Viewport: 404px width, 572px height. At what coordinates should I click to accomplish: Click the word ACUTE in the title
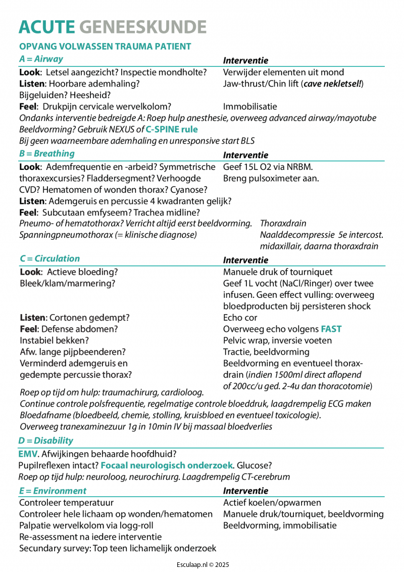coord(46,27)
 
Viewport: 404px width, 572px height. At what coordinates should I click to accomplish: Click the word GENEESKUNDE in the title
coord(143,27)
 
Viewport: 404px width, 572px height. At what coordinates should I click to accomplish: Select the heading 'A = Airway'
coord(41,59)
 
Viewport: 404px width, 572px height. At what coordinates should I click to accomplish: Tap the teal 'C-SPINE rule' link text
coord(172,129)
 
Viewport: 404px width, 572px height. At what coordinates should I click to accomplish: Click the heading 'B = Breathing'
coord(47,153)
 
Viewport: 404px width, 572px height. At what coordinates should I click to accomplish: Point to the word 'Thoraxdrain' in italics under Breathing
coord(283,223)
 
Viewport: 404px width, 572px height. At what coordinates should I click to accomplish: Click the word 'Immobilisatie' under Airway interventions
coord(250,107)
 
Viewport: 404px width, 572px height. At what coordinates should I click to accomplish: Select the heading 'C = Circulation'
coord(49,258)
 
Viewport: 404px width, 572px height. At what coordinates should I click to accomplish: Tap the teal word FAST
coord(331,329)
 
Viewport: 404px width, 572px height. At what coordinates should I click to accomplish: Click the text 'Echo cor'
coord(240,318)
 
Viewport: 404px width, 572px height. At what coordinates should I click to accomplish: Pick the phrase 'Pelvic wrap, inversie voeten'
coord(277,340)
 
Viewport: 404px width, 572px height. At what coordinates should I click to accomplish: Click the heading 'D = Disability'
coord(46,441)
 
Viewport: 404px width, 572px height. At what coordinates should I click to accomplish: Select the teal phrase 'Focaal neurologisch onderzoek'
coord(167,465)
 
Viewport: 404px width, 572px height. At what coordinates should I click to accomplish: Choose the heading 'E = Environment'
coord(53,491)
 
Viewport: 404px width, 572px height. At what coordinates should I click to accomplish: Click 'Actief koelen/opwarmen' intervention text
coord(272,503)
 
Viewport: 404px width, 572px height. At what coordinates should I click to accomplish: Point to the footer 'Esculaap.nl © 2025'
coord(202,564)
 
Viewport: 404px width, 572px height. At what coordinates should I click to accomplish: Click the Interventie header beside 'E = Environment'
coord(245,491)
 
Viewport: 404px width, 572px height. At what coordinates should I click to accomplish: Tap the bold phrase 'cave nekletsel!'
coord(332,83)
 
